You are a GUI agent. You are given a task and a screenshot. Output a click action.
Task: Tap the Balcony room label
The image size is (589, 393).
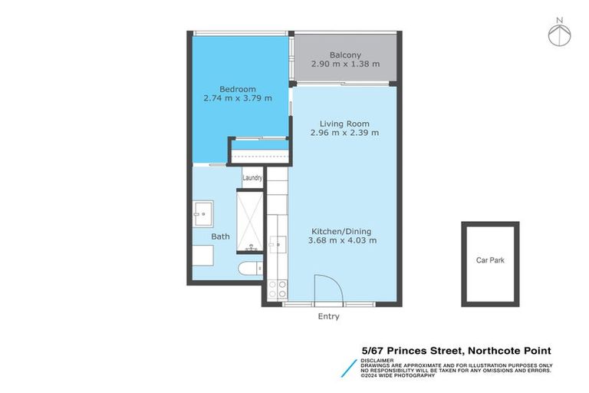tap(345, 54)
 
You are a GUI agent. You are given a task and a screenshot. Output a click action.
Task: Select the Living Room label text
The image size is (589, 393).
tap(345, 124)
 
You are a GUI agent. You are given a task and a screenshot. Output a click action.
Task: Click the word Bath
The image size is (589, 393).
tap(221, 237)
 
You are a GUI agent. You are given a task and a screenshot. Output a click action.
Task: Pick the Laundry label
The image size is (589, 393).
tap(252, 178)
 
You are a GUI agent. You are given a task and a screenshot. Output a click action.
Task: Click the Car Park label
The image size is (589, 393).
tap(490, 261)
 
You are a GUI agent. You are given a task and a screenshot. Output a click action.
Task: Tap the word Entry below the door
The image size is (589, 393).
tap(328, 316)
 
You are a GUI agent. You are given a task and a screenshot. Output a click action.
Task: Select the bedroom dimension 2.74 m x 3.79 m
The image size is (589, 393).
tap(238, 98)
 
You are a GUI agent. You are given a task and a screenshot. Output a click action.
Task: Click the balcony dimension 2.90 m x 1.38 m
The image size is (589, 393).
tap(345, 64)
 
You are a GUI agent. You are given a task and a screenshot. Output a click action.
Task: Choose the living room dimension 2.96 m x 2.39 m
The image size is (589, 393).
tap(345, 133)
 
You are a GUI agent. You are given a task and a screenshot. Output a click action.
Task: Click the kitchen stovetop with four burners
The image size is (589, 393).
tap(278, 289)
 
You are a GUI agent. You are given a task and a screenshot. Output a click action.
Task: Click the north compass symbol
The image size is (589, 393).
tap(560, 33)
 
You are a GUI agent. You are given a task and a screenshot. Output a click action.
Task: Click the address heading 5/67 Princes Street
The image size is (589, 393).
tap(456, 351)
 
